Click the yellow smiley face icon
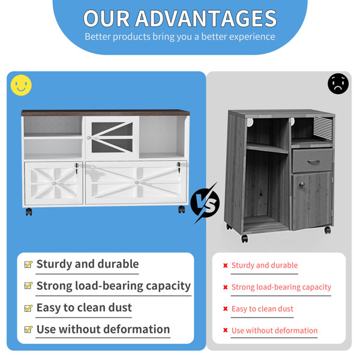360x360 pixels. click(21, 85)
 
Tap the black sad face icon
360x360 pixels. click(338, 83)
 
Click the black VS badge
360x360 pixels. click(205, 203)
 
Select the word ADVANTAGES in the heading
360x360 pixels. click(206, 19)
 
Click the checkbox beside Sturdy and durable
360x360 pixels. click(28, 264)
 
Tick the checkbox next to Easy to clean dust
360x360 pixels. click(28, 308)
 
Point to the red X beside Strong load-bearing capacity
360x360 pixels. click(226, 287)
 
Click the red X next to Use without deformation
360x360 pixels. click(226, 331)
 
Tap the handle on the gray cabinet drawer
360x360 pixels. click(313, 161)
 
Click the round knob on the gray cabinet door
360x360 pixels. click(302, 184)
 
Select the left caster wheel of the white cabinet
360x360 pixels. click(29, 211)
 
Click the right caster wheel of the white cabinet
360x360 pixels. click(182, 209)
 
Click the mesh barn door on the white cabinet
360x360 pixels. click(112, 137)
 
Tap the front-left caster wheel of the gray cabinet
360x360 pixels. click(245, 239)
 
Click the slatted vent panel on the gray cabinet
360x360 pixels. click(323, 128)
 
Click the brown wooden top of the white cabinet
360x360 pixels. click(106, 113)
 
